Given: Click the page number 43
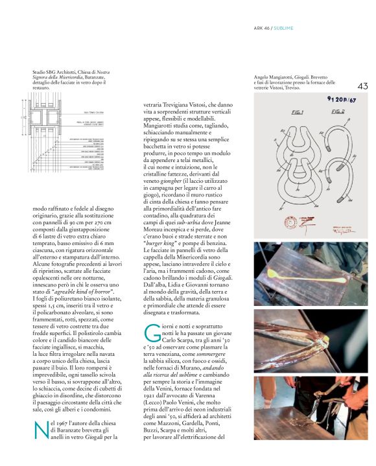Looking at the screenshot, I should pyautogui.click(x=362, y=86).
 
